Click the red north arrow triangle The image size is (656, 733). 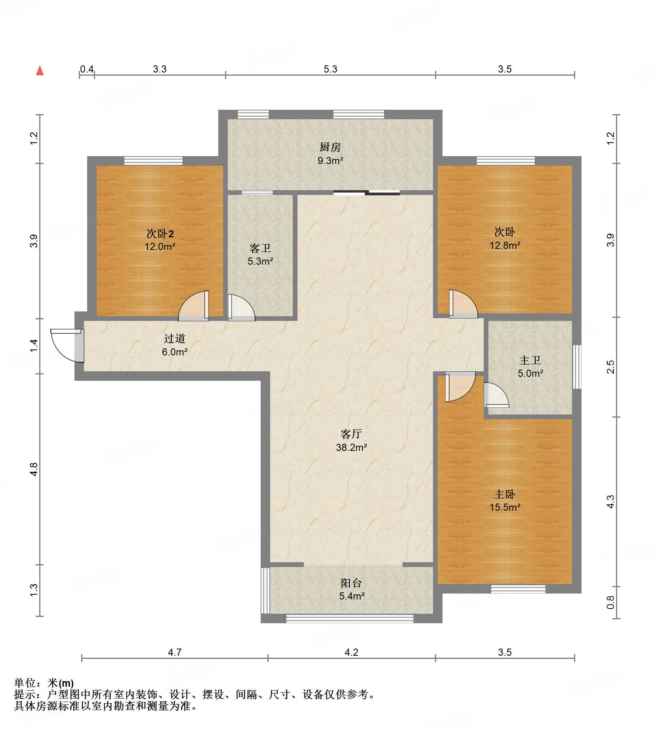(40, 71)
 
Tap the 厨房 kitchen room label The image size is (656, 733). (330, 147)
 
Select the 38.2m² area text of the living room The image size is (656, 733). (351, 448)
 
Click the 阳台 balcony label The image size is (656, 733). (351, 583)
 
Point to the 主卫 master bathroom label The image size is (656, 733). (530, 361)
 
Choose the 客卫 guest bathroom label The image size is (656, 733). (260, 248)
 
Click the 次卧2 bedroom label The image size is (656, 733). (160, 234)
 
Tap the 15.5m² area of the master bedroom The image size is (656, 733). (505, 508)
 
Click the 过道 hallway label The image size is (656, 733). (175, 339)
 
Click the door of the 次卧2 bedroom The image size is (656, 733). (194, 306)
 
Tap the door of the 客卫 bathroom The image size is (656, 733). (242, 307)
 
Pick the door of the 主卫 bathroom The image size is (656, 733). (496, 395)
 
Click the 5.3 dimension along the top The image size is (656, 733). (330, 69)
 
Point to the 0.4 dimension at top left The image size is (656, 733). (87, 69)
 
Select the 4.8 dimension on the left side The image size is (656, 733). (34, 469)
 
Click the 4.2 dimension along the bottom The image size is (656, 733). (351, 652)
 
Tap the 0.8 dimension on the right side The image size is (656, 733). (610, 602)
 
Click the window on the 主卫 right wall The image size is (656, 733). (577, 366)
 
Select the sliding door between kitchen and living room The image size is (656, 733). (366, 193)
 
